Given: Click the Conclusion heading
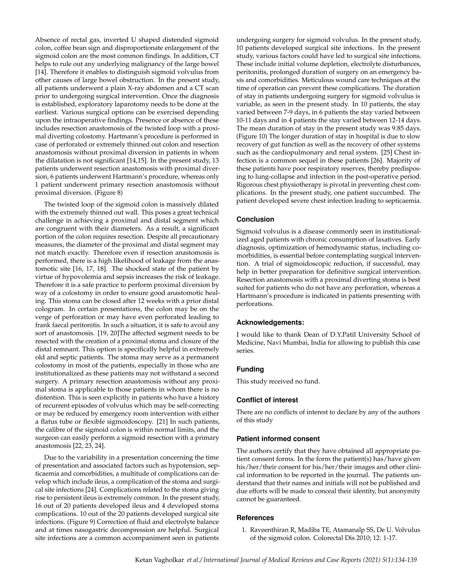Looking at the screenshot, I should pyautogui.click(x=255, y=219).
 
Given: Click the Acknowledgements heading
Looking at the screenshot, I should pyautogui.click(x=270, y=322).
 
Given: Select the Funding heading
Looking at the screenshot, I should pyautogui.click(x=250, y=369).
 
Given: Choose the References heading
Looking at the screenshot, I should pyautogui.click(x=255, y=518).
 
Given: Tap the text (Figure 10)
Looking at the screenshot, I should pyautogui.click(x=252, y=136).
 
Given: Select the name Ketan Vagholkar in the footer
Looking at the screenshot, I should pyautogui.click(x=159, y=560).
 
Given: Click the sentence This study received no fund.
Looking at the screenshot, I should pyautogui.click(x=278, y=381).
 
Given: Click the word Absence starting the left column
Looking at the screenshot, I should pyautogui.click(x=48, y=40).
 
